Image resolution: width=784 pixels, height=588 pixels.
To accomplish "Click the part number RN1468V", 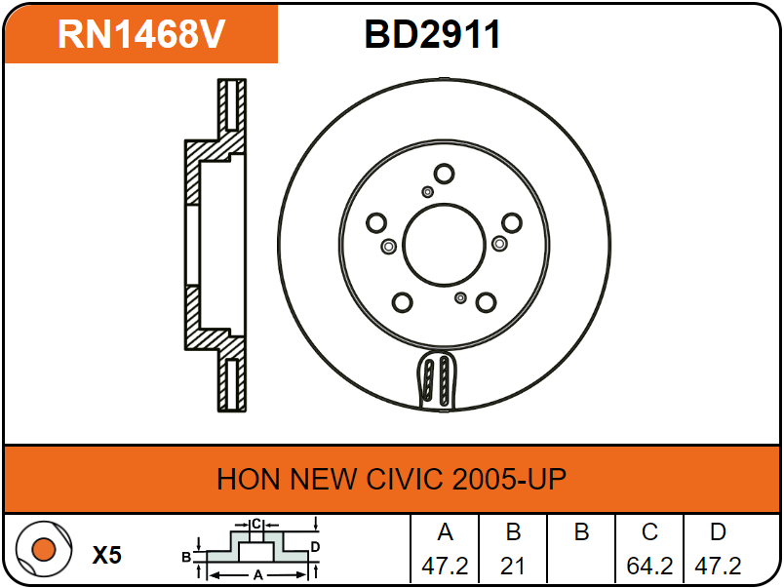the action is point(141,34).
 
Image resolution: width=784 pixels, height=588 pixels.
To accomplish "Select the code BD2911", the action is point(433,34).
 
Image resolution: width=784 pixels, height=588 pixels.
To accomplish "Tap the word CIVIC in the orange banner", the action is point(404,479).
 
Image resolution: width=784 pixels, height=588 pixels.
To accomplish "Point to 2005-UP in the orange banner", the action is point(509,479).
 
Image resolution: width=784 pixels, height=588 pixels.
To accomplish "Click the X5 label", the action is point(107,555).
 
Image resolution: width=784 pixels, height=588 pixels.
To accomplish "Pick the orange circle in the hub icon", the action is point(44,550).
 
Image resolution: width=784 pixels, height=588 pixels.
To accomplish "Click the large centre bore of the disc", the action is point(444,245).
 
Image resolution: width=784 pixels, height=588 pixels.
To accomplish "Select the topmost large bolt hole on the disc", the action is point(444,174).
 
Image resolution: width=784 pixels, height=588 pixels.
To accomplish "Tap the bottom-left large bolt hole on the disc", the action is point(403,302).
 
